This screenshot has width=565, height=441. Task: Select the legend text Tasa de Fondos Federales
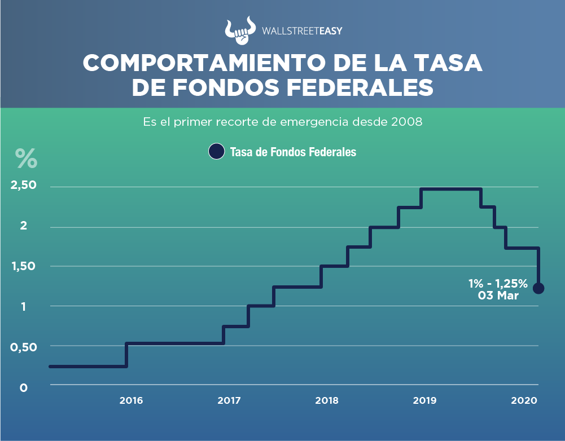293,152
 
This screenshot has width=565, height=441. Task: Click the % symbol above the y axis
26,158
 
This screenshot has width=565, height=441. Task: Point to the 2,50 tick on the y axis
23,186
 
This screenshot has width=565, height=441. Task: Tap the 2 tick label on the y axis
23,226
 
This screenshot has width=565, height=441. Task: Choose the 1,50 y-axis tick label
23,266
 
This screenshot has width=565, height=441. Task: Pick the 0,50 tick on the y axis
23,347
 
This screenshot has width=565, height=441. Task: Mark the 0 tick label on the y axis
23,388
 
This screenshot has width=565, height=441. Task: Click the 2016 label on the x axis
131,401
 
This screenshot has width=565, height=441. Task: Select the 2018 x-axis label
327,401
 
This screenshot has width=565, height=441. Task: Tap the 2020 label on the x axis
523,401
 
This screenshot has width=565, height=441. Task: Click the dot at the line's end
538,288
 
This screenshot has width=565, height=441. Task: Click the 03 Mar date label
498,296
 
